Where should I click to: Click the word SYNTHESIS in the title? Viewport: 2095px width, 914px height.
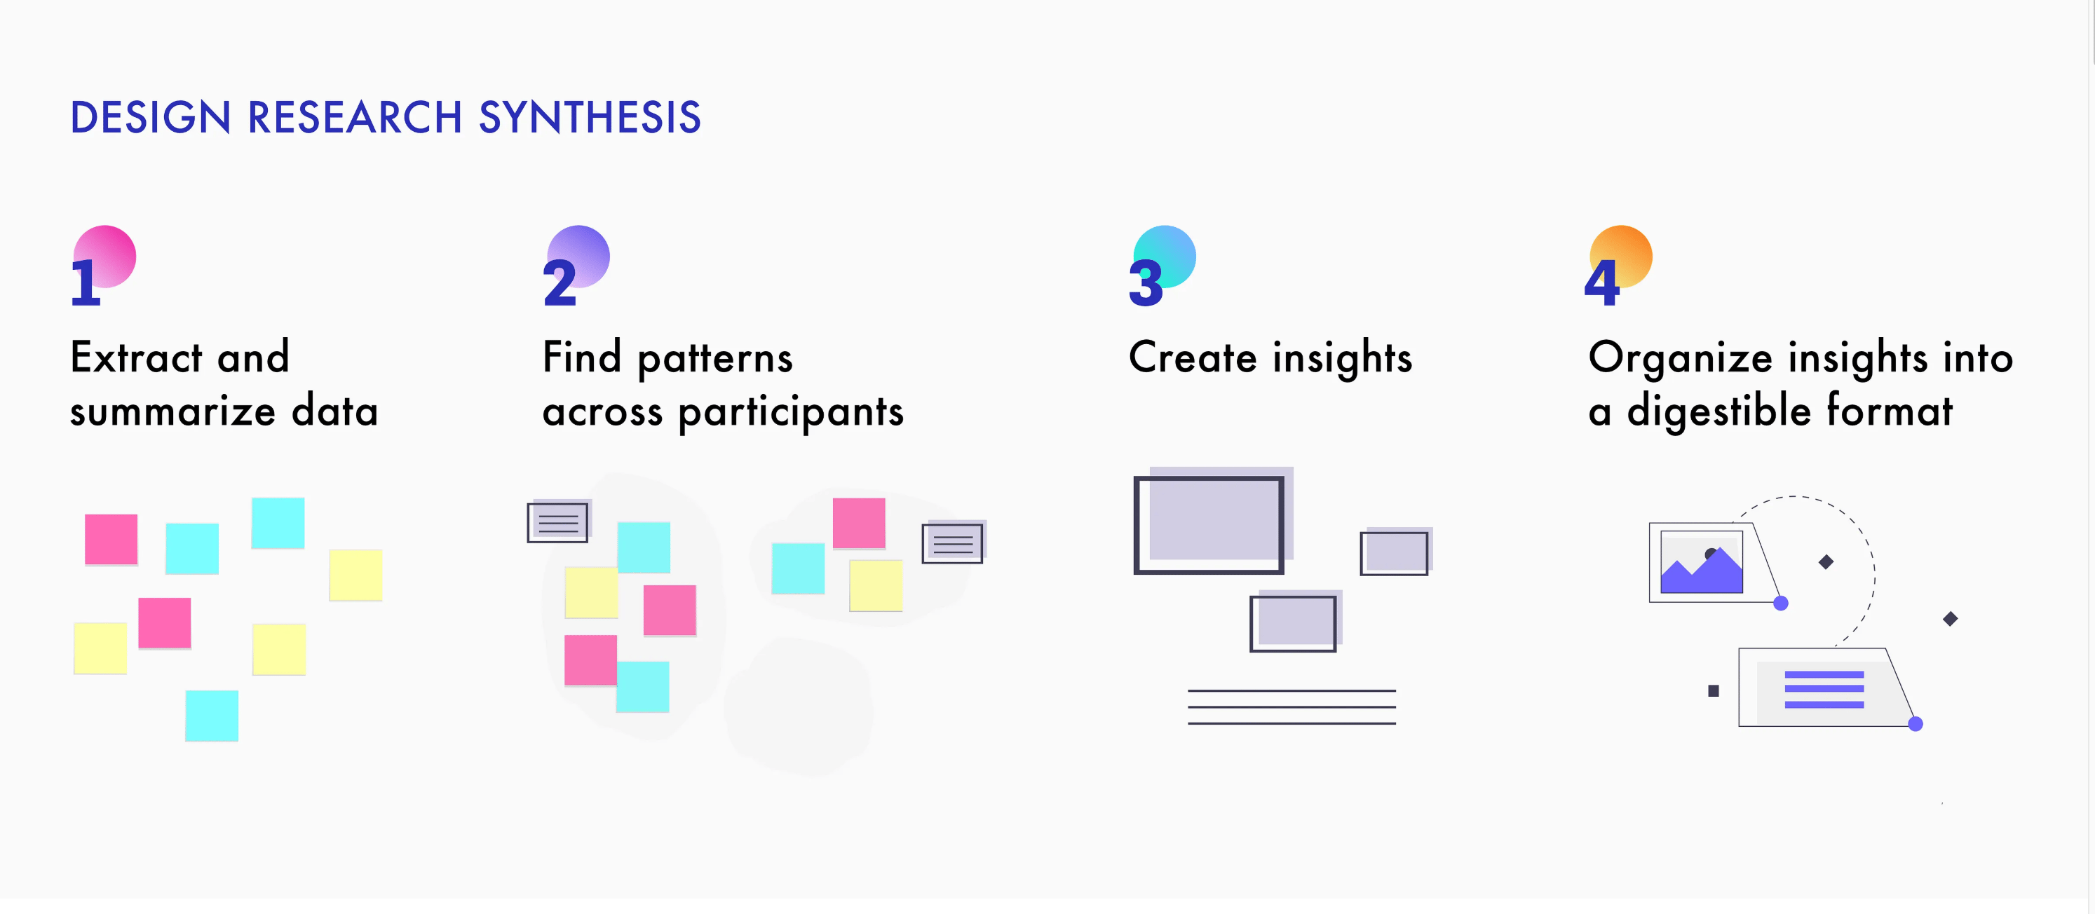pyautogui.click(x=590, y=117)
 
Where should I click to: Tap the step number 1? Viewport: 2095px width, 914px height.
pyautogui.click(x=86, y=283)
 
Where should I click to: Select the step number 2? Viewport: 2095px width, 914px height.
pyautogui.click(x=560, y=283)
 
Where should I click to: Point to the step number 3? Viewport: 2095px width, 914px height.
pyautogui.click(x=1146, y=283)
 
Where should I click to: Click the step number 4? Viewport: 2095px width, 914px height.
pyautogui.click(x=1602, y=283)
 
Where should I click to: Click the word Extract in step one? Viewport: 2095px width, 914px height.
pyautogui.click(x=137, y=357)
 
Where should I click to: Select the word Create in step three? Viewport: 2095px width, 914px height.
pyautogui.click(x=1193, y=357)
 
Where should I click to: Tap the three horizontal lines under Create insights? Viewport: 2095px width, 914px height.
pyautogui.click(x=1291, y=707)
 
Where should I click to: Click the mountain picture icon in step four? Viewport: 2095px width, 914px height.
pyautogui.click(x=1702, y=562)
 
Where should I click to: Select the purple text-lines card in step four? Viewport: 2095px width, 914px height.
pyautogui.click(x=1824, y=689)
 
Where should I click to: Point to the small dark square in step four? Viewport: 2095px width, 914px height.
pyautogui.click(x=1714, y=691)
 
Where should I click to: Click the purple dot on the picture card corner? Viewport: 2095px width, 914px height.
pyautogui.click(x=1780, y=603)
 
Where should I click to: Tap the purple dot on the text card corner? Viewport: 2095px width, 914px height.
pyautogui.click(x=1916, y=724)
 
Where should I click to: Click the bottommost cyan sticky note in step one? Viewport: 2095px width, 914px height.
pyautogui.click(x=212, y=716)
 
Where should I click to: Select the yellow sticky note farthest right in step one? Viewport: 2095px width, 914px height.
pyautogui.click(x=355, y=575)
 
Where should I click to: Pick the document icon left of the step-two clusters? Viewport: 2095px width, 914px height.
pyautogui.click(x=558, y=522)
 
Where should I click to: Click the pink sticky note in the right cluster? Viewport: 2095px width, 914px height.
pyautogui.click(x=859, y=523)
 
